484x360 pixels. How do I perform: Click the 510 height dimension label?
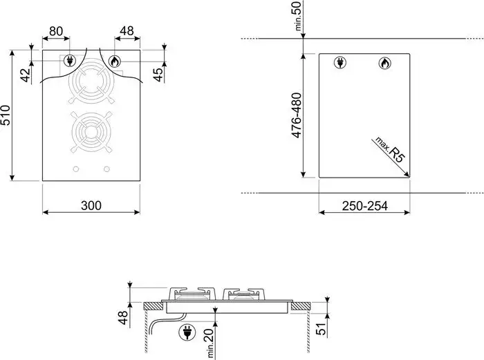(6, 115)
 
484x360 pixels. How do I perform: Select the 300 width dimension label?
(91, 205)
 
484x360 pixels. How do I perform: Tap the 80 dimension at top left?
(56, 31)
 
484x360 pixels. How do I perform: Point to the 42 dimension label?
(26, 75)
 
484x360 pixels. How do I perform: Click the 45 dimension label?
(158, 75)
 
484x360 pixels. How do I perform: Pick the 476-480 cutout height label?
(297, 115)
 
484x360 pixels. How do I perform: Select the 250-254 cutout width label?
(364, 206)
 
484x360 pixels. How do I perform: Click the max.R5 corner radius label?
(389, 150)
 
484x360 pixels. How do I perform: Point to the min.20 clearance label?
(210, 343)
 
